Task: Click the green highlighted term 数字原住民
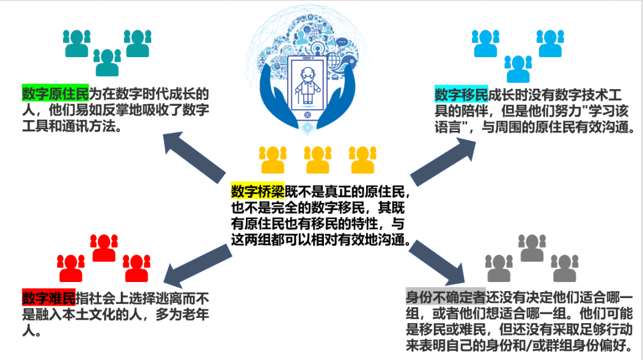click(55, 94)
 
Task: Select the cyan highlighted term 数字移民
click(461, 94)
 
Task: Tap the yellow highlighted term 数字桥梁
click(257, 192)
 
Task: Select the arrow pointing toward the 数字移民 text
click(443, 161)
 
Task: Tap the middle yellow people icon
click(317, 159)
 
